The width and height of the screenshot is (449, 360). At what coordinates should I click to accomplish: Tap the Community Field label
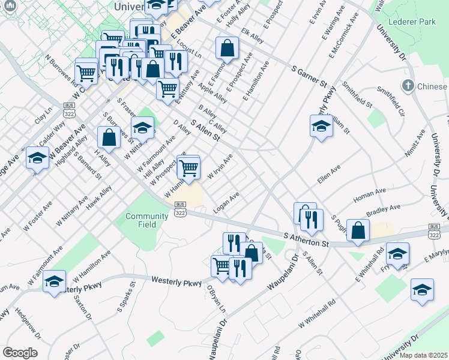point(146,220)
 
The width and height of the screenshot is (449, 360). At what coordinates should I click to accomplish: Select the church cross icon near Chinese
point(409,86)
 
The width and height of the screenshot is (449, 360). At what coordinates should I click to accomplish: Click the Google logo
point(20,353)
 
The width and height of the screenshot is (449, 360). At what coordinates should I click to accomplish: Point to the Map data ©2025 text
point(424,355)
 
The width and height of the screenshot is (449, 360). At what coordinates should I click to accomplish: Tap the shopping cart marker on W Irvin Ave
point(188,167)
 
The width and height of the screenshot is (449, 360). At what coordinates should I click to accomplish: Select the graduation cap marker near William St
point(321,127)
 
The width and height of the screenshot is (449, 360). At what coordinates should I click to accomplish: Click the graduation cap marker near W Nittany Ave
point(142,127)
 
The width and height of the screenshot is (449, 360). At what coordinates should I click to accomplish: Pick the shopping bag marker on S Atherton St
point(358,230)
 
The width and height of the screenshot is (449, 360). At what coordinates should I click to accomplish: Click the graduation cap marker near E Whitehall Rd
point(397,254)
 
